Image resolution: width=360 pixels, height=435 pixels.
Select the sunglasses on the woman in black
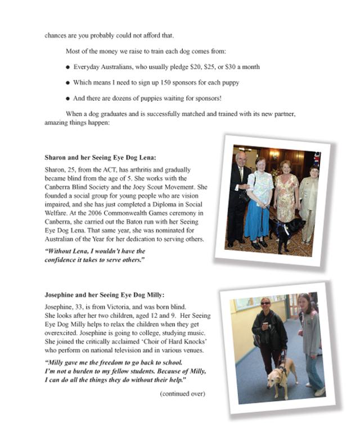coord(265,303)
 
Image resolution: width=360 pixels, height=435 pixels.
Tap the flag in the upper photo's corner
coord(317,159)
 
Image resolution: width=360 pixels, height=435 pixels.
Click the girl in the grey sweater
coord(309,343)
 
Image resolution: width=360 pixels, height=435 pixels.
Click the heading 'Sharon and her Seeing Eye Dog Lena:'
coord(100,158)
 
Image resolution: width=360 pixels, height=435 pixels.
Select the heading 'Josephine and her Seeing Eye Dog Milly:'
coord(105,294)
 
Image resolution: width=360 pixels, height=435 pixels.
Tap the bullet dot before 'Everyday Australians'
coord(67,67)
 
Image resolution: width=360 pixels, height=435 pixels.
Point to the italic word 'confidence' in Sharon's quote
coord(62,260)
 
